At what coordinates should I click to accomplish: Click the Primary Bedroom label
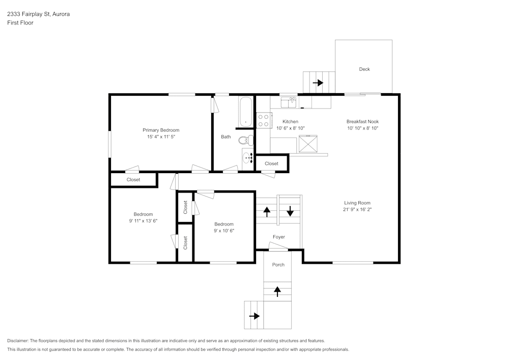(161, 130)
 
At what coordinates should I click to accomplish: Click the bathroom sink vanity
(247, 158)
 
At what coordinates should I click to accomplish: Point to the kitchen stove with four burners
(264, 120)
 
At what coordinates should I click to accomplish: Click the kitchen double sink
(289, 103)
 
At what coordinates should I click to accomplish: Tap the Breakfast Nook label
(362, 122)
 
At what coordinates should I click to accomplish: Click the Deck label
(364, 69)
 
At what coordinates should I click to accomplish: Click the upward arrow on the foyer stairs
(267, 211)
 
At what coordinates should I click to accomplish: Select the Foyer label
(278, 237)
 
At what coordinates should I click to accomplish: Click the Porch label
(278, 265)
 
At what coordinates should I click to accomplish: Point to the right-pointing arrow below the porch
(254, 316)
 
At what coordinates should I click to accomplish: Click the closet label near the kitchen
(271, 163)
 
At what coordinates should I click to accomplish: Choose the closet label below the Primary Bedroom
(133, 180)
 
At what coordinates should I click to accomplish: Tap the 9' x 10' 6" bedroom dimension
(224, 231)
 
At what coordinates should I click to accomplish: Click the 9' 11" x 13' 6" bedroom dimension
(143, 221)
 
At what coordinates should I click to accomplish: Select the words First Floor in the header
(20, 23)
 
